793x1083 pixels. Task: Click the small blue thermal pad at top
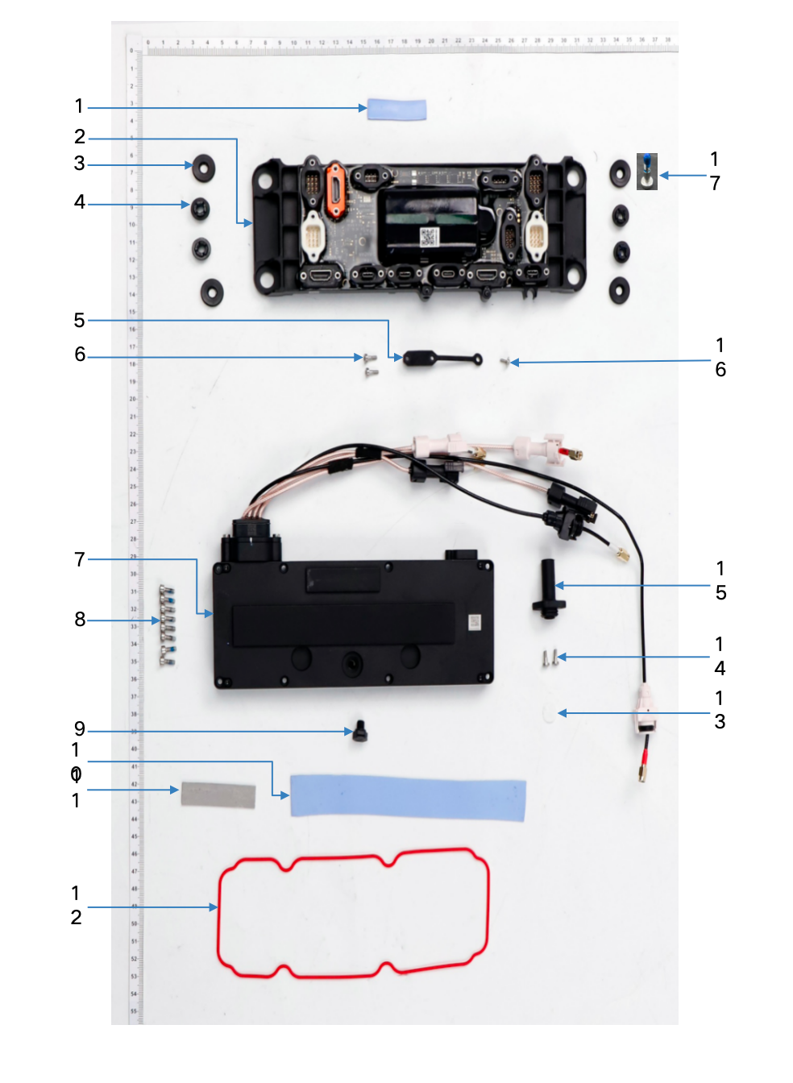click(396, 109)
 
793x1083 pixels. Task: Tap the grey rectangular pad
click(218, 795)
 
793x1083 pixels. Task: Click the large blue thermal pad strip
click(408, 798)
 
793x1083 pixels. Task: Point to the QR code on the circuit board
click(428, 237)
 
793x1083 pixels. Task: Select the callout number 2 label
click(80, 137)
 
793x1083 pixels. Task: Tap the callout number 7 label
click(80, 559)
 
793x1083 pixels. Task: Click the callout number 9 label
click(80, 728)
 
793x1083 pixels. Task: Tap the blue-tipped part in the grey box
click(647, 171)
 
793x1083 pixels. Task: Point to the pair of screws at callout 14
click(550, 658)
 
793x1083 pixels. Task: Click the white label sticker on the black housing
click(474, 622)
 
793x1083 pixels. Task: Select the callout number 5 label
click(79, 321)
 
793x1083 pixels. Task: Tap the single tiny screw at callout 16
click(505, 363)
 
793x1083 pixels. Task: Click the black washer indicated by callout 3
click(204, 167)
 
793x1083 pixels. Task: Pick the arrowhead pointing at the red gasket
click(214, 907)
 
